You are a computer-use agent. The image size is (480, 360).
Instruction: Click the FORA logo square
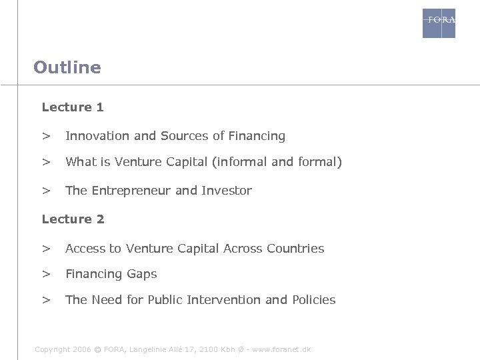tap(439, 23)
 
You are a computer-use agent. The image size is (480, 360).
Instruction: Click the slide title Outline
tap(67, 67)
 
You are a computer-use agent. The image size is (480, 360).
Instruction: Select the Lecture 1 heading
tap(73, 107)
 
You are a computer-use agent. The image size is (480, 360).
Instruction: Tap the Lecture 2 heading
tap(73, 219)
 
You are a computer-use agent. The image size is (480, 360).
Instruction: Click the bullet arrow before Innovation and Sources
tap(46, 136)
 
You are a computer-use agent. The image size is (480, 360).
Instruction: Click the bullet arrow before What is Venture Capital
tap(46, 162)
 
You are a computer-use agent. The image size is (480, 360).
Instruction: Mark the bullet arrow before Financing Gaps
tap(46, 274)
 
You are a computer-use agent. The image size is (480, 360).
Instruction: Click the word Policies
tap(314, 300)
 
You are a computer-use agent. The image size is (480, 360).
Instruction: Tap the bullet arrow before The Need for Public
tap(46, 300)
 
